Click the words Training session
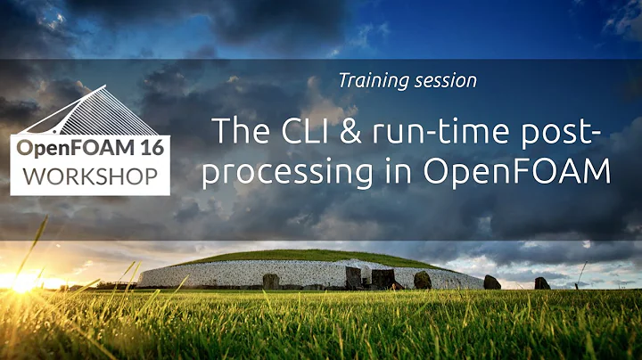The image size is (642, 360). tap(407, 80)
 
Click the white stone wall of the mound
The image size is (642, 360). tap(205, 274)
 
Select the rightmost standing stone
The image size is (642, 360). tap(542, 283)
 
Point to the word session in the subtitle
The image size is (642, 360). tap(447, 80)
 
